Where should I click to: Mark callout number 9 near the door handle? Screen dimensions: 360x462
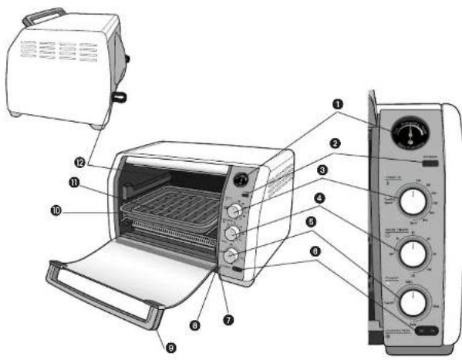click(170, 346)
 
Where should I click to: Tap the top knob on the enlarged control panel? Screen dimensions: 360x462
click(414, 204)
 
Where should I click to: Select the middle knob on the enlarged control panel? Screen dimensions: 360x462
click(414, 251)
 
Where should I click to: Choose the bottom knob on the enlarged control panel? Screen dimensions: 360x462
click(414, 296)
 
